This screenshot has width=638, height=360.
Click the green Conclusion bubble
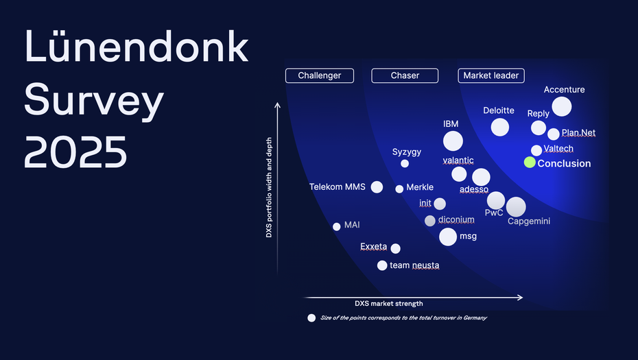[x=530, y=163]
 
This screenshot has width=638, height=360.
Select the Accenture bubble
[x=561, y=106]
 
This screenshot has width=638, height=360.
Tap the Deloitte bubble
[x=500, y=127]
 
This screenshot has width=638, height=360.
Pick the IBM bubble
[x=453, y=141]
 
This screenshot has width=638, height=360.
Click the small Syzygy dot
[x=405, y=163]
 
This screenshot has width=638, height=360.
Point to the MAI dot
[x=336, y=226]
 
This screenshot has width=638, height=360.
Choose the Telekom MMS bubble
[x=377, y=187]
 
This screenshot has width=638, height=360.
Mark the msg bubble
[x=448, y=237]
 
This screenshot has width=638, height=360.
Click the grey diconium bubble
[x=430, y=220]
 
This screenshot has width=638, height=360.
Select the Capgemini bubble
[x=515, y=206]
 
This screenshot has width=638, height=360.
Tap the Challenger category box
[x=320, y=75]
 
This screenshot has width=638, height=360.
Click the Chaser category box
[x=405, y=75]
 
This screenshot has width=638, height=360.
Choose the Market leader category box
[x=491, y=75]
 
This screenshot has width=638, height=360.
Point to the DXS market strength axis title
[x=389, y=303]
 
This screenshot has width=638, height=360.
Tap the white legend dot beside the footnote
[x=311, y=317]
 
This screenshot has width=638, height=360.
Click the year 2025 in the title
[x=76, y=152]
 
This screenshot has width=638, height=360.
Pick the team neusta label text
[x=414, y=265]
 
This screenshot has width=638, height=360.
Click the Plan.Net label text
[x=578, y=133]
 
